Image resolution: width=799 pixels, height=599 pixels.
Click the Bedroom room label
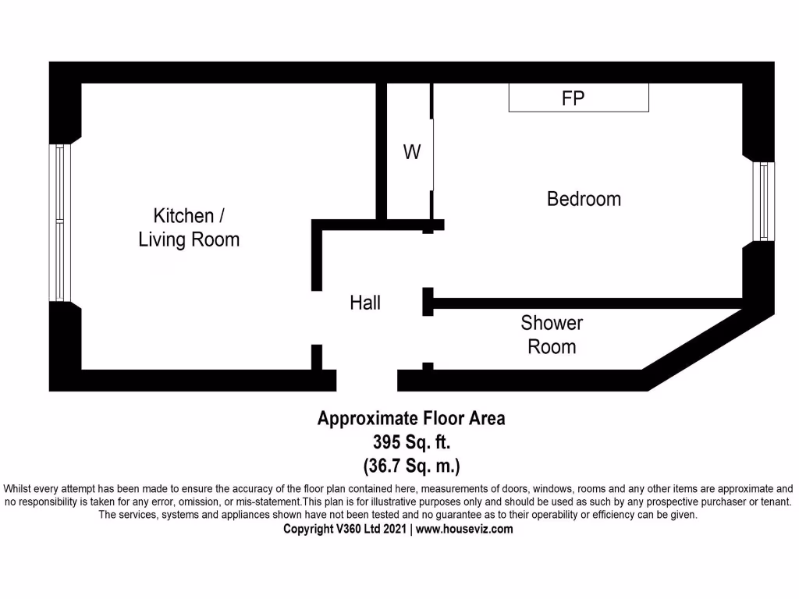point(584,199)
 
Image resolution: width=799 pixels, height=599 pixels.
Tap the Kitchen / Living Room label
point(188,227)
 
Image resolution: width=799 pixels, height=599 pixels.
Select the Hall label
point(365,303)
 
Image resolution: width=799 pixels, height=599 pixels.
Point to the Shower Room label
point(552,335)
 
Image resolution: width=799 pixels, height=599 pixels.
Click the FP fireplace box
point(578,98)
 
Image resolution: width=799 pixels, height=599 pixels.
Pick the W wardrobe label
point(411,152)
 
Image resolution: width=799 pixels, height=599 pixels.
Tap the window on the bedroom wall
point(765,201)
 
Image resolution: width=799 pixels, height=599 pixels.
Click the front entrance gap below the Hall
point(367,380)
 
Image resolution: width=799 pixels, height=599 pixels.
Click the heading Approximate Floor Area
point(410,418)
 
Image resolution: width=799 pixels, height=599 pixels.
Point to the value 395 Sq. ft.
point(410,442)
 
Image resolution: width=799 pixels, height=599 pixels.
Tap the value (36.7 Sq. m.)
point(411,466)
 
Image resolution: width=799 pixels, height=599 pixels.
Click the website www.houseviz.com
point(464,529)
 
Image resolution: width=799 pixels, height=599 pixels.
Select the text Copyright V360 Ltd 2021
point(345,529)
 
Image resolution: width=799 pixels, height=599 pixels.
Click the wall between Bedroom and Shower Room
point(585,303)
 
